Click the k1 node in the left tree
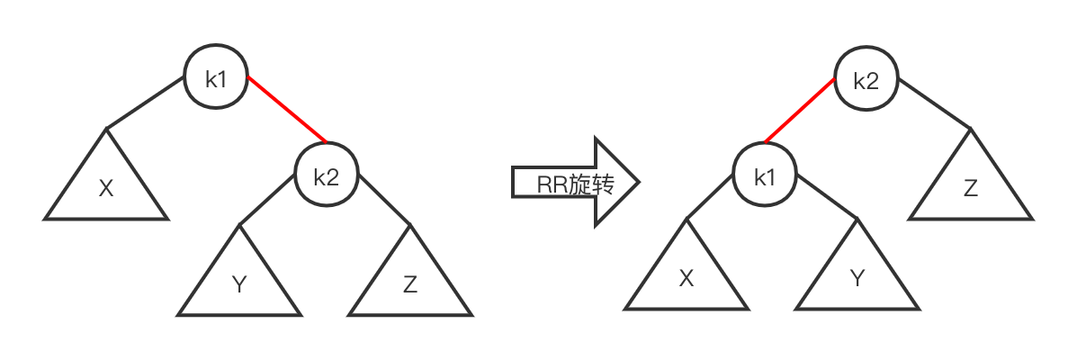point(217,78)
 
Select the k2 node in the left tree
point(326,176)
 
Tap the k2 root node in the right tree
point(865,81)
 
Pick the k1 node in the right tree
point(764,176)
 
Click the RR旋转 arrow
point(576,184)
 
